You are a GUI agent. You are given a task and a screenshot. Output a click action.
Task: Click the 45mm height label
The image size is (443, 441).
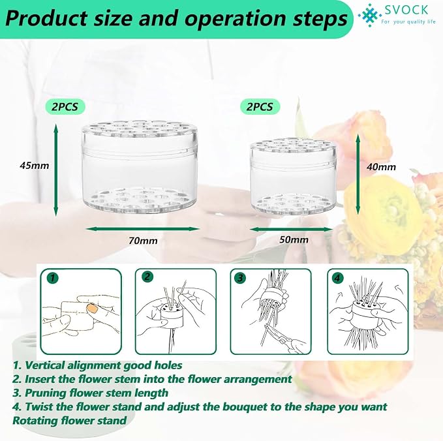35,165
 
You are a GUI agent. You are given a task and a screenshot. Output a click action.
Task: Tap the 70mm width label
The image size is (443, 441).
144,241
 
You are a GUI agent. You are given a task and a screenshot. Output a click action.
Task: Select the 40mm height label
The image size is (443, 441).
382,167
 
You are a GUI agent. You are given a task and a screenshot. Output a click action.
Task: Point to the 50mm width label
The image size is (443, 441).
294,240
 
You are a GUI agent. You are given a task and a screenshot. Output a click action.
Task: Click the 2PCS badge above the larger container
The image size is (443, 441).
65,107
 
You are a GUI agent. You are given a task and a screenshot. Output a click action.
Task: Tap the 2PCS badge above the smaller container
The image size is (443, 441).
260,107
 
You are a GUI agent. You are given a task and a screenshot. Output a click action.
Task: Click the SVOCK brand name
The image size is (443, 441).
406,10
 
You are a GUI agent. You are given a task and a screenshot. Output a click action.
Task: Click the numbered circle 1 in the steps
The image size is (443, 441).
53,278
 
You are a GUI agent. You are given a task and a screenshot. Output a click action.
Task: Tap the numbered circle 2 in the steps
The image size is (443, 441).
147,277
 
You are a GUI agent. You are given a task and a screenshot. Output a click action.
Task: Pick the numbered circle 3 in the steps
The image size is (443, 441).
240,278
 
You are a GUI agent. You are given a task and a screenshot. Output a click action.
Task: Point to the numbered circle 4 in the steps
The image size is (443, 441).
337,278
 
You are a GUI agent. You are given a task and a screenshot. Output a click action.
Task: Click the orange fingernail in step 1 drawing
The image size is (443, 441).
92,309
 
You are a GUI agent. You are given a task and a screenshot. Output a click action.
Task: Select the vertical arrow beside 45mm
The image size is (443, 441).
56,170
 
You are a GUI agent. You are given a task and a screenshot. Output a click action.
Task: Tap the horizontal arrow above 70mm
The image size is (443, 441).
143,228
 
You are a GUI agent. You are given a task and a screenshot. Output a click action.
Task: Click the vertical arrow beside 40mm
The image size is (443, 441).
358,174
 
